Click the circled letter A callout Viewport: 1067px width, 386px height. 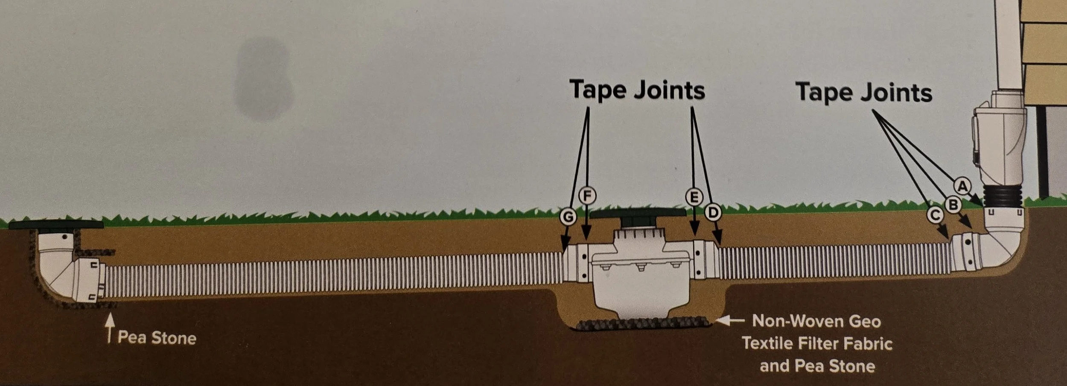(962, 186)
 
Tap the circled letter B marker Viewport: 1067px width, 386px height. (953, 205)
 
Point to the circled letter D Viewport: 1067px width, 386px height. (712, 212)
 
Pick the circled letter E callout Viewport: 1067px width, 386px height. (694, 197)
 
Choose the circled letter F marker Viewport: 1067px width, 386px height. (587, 196)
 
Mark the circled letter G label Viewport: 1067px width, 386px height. (568, 217)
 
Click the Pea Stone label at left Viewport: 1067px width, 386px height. (157, 338)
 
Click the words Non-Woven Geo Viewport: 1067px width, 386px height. (816, 321)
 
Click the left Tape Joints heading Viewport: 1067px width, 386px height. (637, 90)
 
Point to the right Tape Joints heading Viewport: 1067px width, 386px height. (864, 93)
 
